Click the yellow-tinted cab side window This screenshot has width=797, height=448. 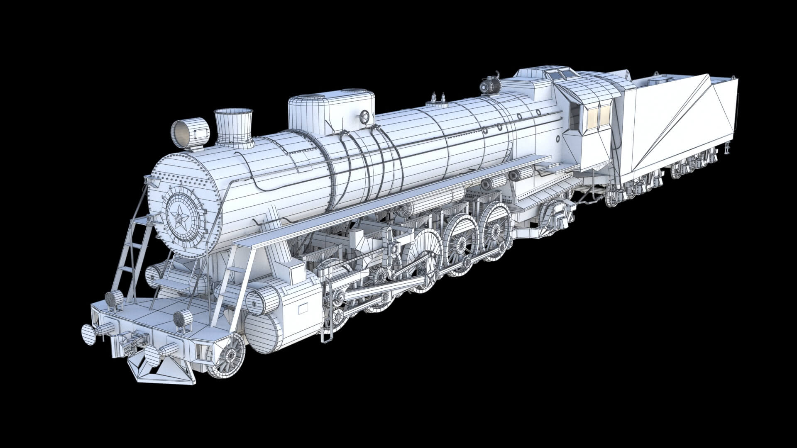click(599, 114)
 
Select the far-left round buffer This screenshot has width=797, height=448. click(88, 334)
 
